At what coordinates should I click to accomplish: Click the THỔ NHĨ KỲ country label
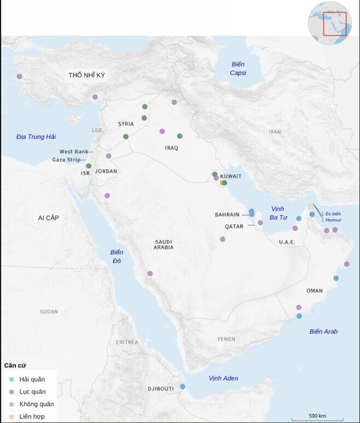point(86,75)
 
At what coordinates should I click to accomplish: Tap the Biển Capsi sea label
point(237,68)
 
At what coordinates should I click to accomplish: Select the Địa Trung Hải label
point(36,137)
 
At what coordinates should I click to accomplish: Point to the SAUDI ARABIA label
point(164,244)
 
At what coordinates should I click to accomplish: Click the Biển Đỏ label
point(117,256)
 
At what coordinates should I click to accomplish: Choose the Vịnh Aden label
point(223,378)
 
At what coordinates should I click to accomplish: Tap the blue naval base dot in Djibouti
point(183,387)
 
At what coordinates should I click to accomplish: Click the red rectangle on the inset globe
point(334,23)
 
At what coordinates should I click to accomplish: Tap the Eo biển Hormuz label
point(333,216)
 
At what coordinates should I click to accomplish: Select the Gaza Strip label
point(66,160)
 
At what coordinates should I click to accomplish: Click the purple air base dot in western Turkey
point(20,77)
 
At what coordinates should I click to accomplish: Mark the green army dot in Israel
point(89,166)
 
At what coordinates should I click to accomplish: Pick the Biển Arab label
point(323,332)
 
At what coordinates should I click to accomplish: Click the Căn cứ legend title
point(15,365)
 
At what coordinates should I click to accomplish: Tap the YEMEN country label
point(226,339)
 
